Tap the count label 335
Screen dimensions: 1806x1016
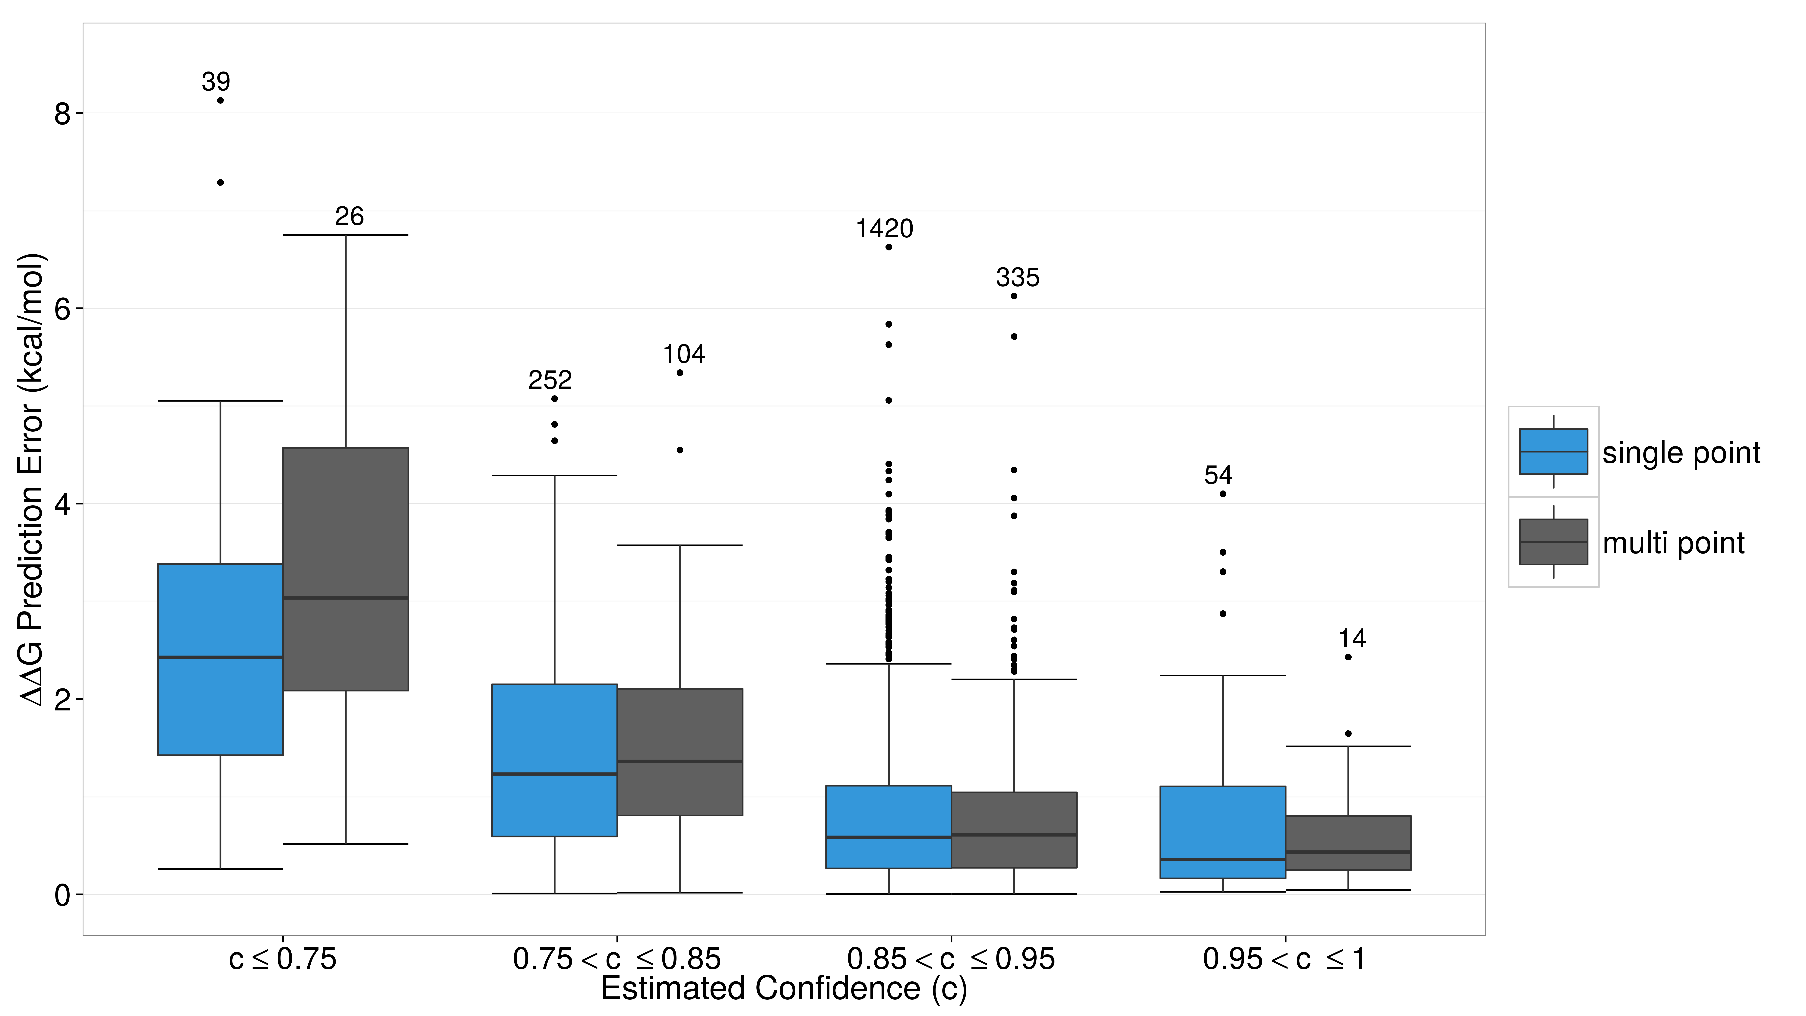click(x=1017, y=278)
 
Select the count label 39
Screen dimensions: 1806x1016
click(x=216, y=82)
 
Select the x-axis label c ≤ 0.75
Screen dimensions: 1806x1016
click(x=283, y=958)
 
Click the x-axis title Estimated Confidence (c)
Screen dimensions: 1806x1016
click(x=784, y=989)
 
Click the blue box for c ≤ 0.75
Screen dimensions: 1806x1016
click(x=220, y=659)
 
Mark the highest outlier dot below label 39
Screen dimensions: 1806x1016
click(x=220, y=100)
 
